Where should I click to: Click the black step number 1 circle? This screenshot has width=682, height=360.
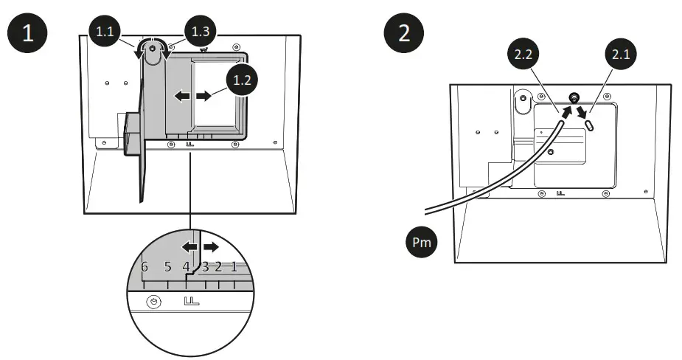(27, 35)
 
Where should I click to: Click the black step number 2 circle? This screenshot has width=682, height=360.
(404, 35)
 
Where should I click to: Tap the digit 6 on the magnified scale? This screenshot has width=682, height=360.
(145, 267)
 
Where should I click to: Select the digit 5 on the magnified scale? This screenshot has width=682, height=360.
(167, 267)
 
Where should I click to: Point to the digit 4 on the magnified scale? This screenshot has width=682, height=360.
(187, 267)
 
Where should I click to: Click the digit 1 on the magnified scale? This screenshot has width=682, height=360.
(234, 267)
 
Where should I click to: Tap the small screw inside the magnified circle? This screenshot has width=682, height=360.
(153, 303)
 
